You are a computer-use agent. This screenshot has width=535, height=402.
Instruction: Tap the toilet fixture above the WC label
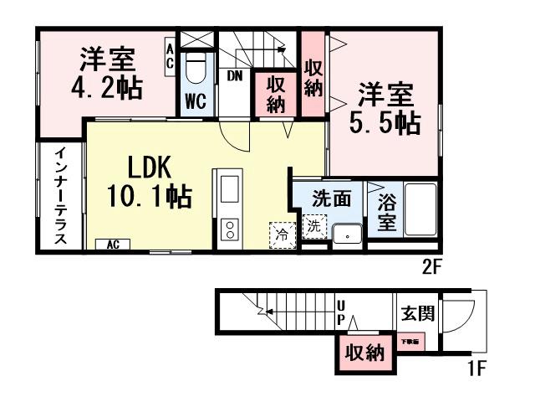click(195, 67)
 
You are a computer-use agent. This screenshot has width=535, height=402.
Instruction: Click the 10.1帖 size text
click(150, 197)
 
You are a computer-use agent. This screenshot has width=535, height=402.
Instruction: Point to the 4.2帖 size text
click(106, 87)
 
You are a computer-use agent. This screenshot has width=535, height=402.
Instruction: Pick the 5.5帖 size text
click(384, 122)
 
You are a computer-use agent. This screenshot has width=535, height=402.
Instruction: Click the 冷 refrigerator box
click(283, 234)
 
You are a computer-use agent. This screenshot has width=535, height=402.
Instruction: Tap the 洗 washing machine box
click(313, 226)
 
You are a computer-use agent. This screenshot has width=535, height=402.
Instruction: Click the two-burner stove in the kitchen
click(228, 231)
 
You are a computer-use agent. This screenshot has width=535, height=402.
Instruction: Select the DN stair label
click(235, 76)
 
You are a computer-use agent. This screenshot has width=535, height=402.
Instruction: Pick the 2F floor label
click(431, 268)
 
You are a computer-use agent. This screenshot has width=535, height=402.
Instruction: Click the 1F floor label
click(476, 367)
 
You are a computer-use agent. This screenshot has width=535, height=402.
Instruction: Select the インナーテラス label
click(61, 196)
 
